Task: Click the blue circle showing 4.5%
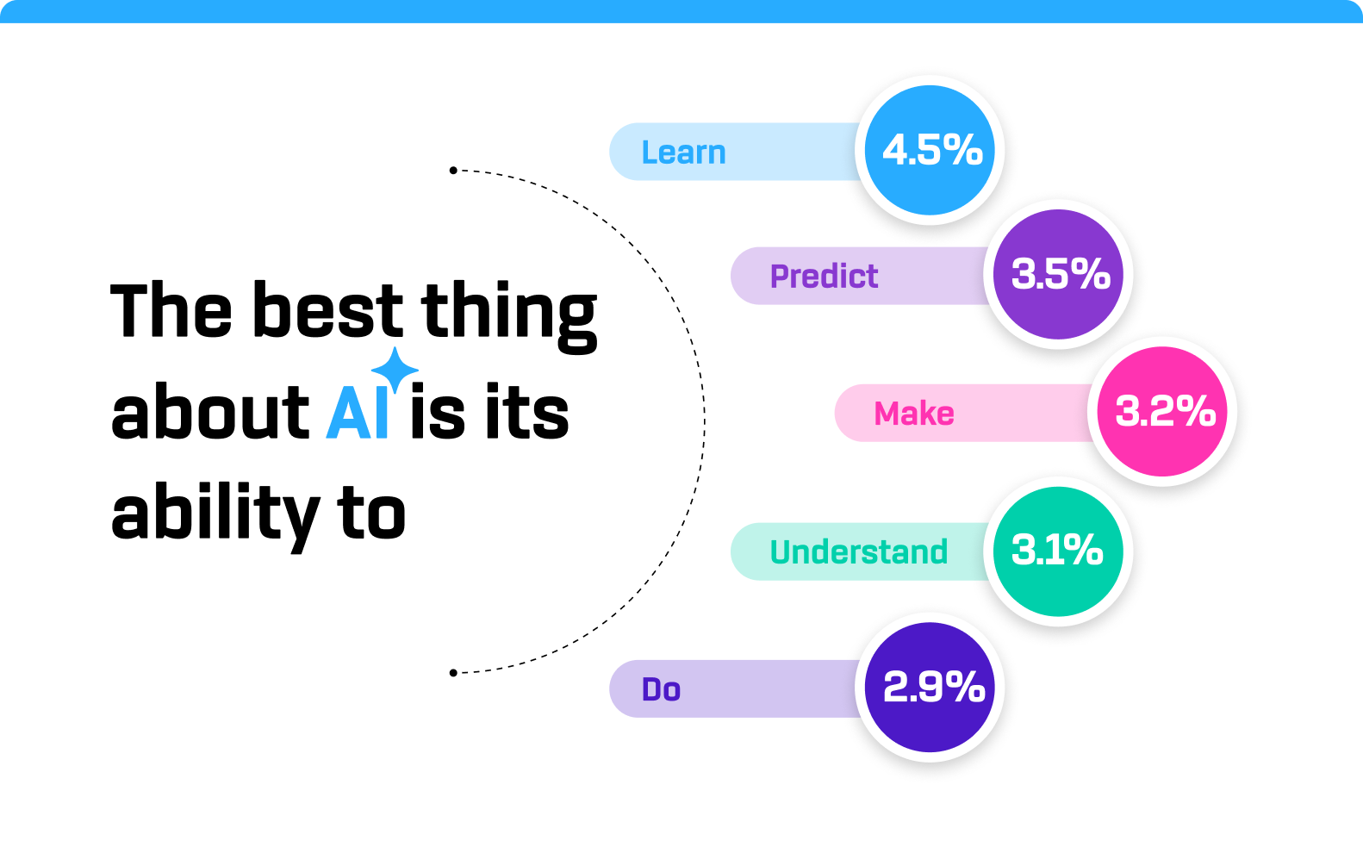point(930,151)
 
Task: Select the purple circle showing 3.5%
point(1058,275)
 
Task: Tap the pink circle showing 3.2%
point(1162,412)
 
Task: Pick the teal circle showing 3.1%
point(1058,551)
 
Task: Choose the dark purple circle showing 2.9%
point(930,688)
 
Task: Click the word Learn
point(683,153)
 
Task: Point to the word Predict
point(824,277)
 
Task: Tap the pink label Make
point(914,414)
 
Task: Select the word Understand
point(858,552)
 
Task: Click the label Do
point(661,689)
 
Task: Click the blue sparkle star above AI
point(395,369)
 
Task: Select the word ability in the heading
point(215,515)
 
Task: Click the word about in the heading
point(209,414)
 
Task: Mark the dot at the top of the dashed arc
point(453,171)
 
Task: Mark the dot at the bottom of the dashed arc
point(453,673)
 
